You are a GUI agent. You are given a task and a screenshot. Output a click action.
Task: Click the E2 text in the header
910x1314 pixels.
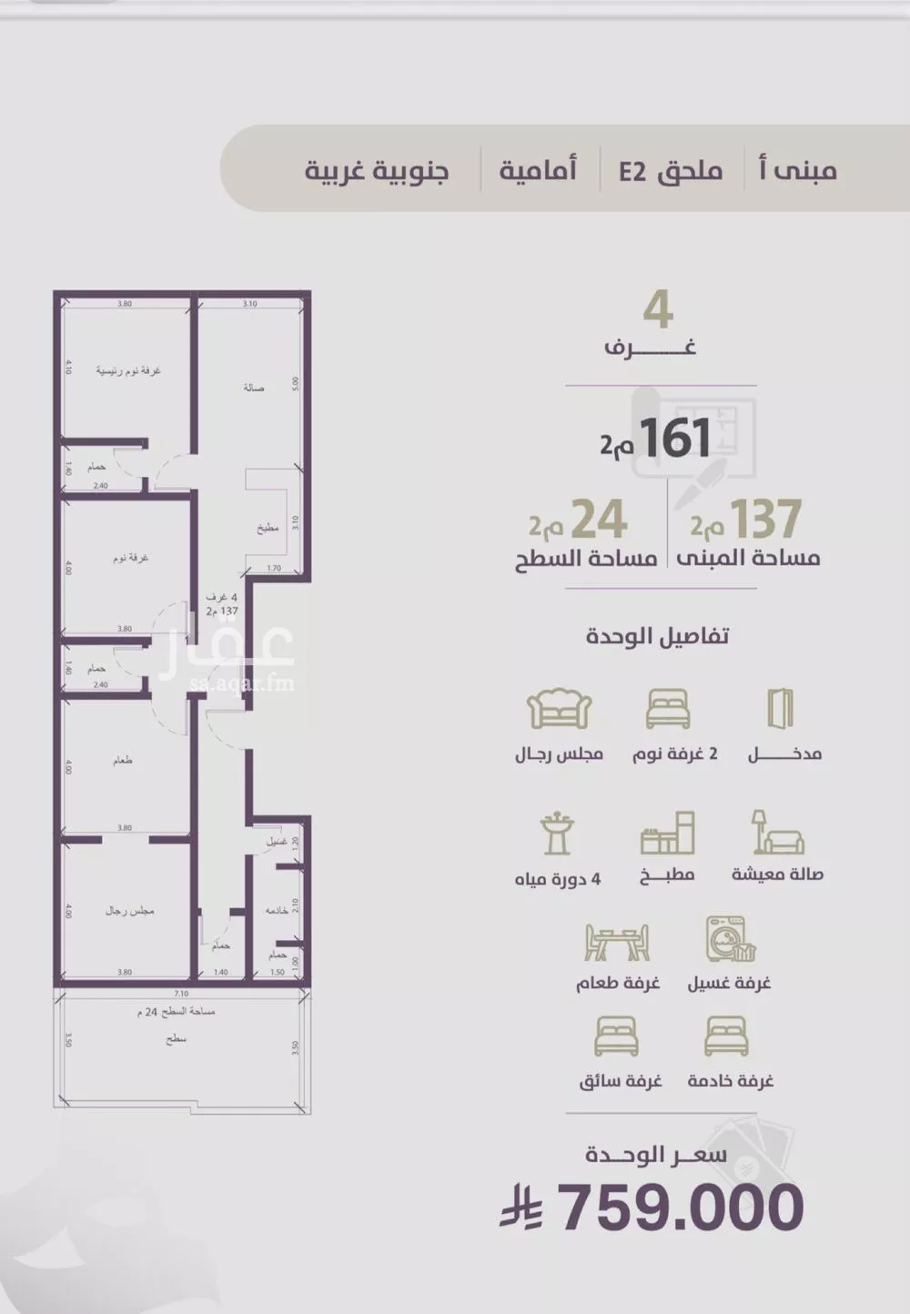point(632,171)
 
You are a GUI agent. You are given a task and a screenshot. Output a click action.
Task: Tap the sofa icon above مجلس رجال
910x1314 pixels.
point(560,709)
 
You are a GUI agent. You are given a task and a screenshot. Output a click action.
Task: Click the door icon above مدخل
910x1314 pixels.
point(780,709)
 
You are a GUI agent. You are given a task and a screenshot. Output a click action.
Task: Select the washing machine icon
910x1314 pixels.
point(730,939)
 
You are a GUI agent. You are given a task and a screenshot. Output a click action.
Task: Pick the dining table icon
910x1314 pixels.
point(617,943)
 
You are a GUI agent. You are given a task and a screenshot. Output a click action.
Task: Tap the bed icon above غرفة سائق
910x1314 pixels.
point(616,1036)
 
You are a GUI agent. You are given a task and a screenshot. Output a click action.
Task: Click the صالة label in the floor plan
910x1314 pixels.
point(254,388)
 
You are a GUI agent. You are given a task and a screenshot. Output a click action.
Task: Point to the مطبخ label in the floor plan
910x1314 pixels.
point(267,528)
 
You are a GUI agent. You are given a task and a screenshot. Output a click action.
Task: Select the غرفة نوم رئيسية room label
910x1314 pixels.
point(128,371)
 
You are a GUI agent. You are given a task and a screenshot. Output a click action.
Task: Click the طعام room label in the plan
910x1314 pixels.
point(123,760)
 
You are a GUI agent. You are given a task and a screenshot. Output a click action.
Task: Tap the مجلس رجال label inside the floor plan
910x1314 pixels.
point(129,910)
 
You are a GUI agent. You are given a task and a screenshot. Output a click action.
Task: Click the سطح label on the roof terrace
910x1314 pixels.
point(177,1038)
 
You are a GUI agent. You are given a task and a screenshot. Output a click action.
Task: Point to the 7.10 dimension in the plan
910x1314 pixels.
point(181,994)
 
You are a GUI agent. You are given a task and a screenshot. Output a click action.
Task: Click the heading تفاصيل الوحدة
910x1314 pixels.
point(657,636)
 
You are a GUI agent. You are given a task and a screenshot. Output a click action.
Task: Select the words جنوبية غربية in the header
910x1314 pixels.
point(377,171)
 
